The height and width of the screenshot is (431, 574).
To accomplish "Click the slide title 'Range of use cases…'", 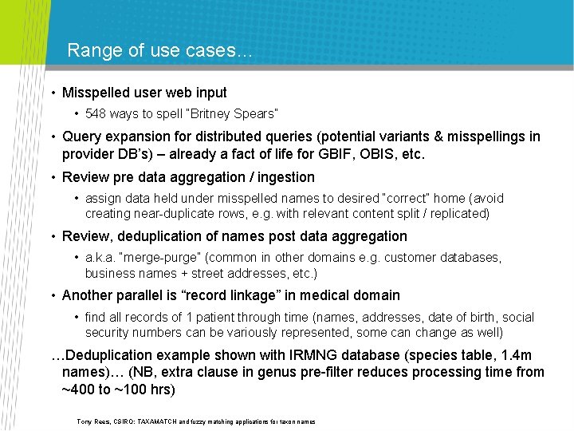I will point(159,51).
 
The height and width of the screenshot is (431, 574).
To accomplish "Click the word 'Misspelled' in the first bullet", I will point(96,93).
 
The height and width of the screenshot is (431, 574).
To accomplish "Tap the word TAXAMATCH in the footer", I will point(165,421).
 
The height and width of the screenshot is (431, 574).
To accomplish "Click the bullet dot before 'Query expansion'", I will point(53,137).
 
